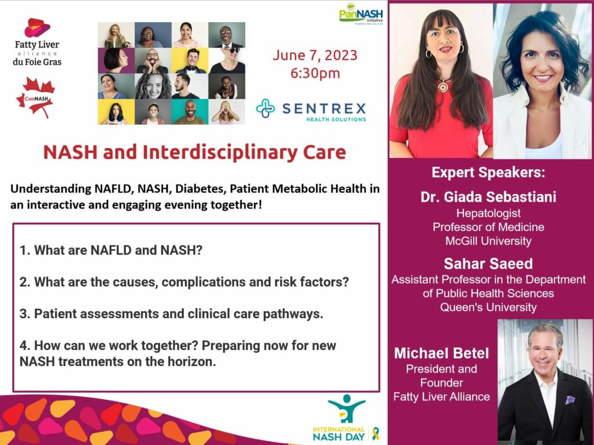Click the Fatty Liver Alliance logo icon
(x=37, y=28)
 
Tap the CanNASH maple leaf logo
(x=36, y=97)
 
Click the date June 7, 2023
(x=315, y=55)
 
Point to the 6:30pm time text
(x=315, y=73)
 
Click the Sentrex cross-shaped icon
(x=266, y=108)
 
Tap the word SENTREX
(x=324, y=108)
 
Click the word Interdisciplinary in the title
(x=220, y=152)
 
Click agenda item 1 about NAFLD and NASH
(x=111, y=250)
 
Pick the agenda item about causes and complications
(x=184, y=282)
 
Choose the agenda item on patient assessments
(x=171, y=313)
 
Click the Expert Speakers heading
(x=488, y=173)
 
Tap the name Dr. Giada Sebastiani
(x=488, y=197)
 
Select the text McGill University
(x=488, y=241)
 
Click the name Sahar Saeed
(x=488, y=264)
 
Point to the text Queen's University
(x=488, y=307)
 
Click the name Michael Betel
(x=441, y=353)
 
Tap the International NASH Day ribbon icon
(x=375, y=433)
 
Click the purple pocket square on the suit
(x=570, y=400)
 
